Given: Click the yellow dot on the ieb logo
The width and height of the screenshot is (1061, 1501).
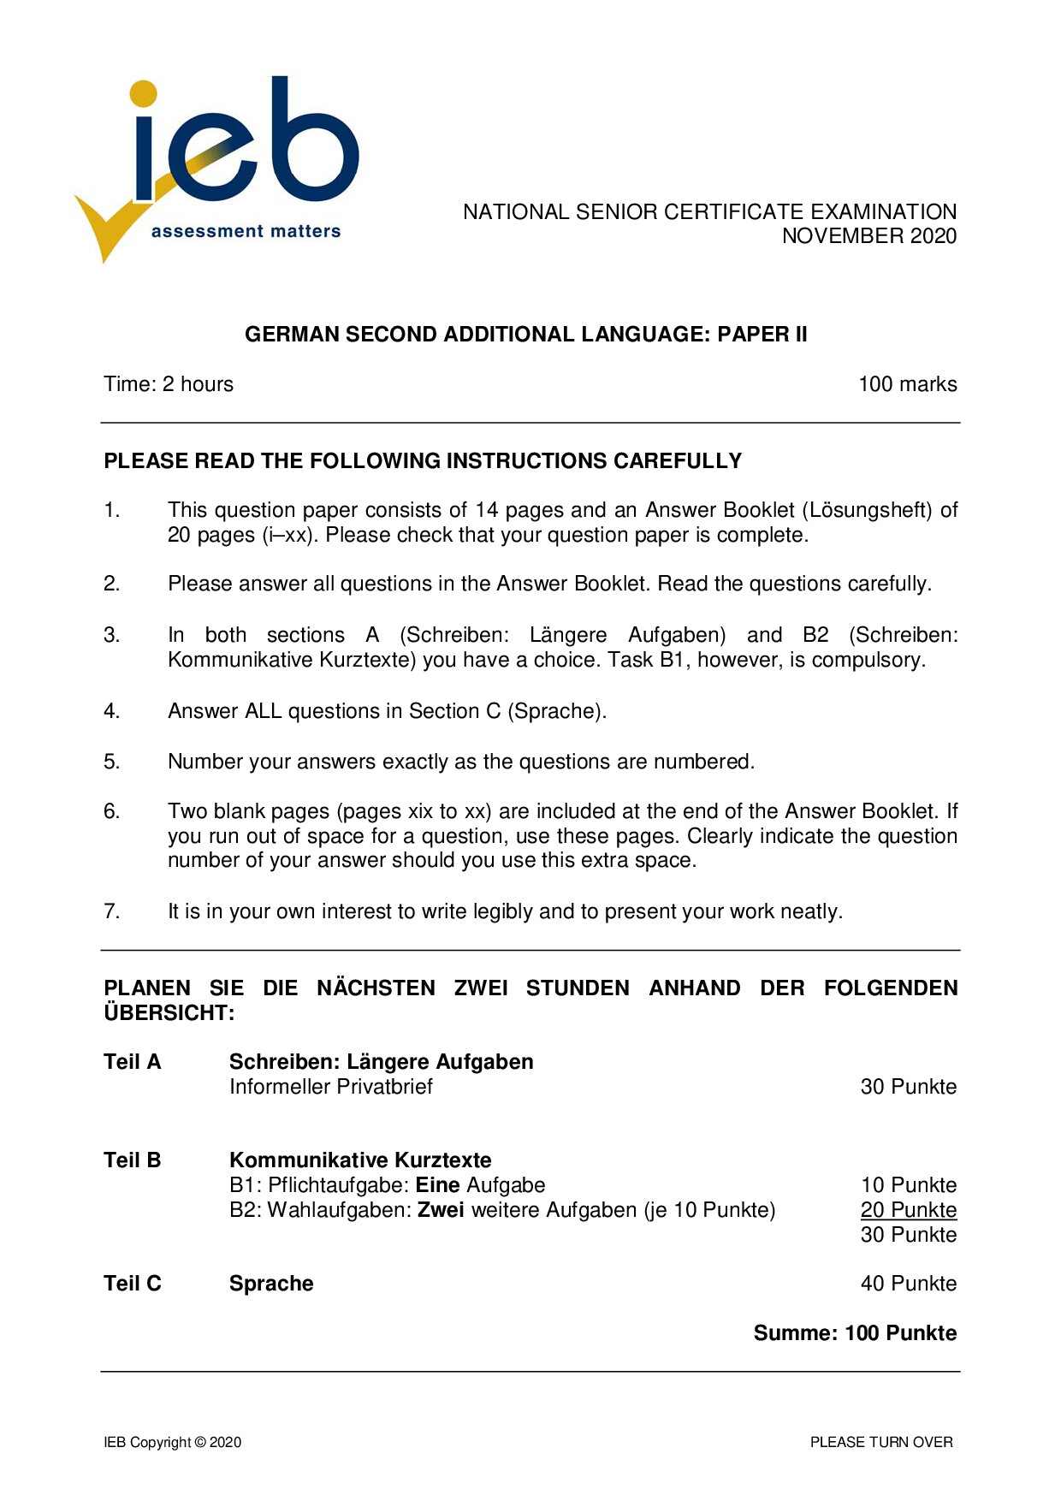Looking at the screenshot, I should click(x=144, y=94).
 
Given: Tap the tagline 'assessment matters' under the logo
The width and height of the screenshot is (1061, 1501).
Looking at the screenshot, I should click(x=246, y=231).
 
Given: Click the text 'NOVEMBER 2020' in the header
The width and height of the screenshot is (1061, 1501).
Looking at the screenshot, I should click(x=868, y=236).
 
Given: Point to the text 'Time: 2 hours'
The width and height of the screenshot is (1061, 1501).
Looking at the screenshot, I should click(x=169, y=384).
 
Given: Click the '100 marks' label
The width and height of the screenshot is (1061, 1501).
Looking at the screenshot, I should click(x=907, y=384).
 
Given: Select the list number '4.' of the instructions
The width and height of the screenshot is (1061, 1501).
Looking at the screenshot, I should click(x=112, y=711).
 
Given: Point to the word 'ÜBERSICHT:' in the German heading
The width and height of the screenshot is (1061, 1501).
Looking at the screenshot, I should click(x=169, y=1013).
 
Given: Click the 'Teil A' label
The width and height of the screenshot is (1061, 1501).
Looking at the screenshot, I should click(x=132, y=1062).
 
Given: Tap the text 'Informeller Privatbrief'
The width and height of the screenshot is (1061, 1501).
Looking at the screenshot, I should click(x=330, y=1087).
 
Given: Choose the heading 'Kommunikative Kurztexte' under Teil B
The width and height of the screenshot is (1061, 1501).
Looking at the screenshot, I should click(x=360, y=1160).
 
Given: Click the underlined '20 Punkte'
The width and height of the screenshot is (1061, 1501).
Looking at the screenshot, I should click(x=908, y=1210).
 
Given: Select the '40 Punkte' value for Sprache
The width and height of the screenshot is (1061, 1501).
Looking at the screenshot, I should click(x=908, y=1284).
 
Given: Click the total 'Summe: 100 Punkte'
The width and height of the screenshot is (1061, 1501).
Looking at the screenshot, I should click(x=855, y=1333).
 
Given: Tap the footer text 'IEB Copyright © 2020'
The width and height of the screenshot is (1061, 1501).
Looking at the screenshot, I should click(x=172, y=1442).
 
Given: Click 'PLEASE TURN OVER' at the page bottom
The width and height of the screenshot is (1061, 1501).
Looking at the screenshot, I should click(x=881, y=1442).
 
